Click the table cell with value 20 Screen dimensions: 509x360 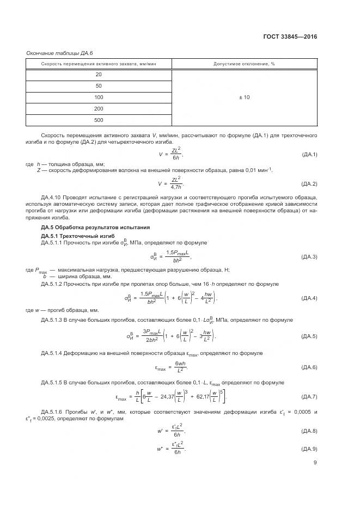99,75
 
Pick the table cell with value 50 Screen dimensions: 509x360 99,86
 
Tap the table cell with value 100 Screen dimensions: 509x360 99,97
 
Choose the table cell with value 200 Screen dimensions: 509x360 99,108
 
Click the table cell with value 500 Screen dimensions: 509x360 99,120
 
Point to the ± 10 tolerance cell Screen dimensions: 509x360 244,97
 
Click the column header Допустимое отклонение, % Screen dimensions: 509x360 244,64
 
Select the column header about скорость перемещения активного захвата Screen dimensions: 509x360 99,64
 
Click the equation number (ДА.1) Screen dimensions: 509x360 309,155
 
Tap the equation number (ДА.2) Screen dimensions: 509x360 309,184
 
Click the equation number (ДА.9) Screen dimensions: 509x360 309,449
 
